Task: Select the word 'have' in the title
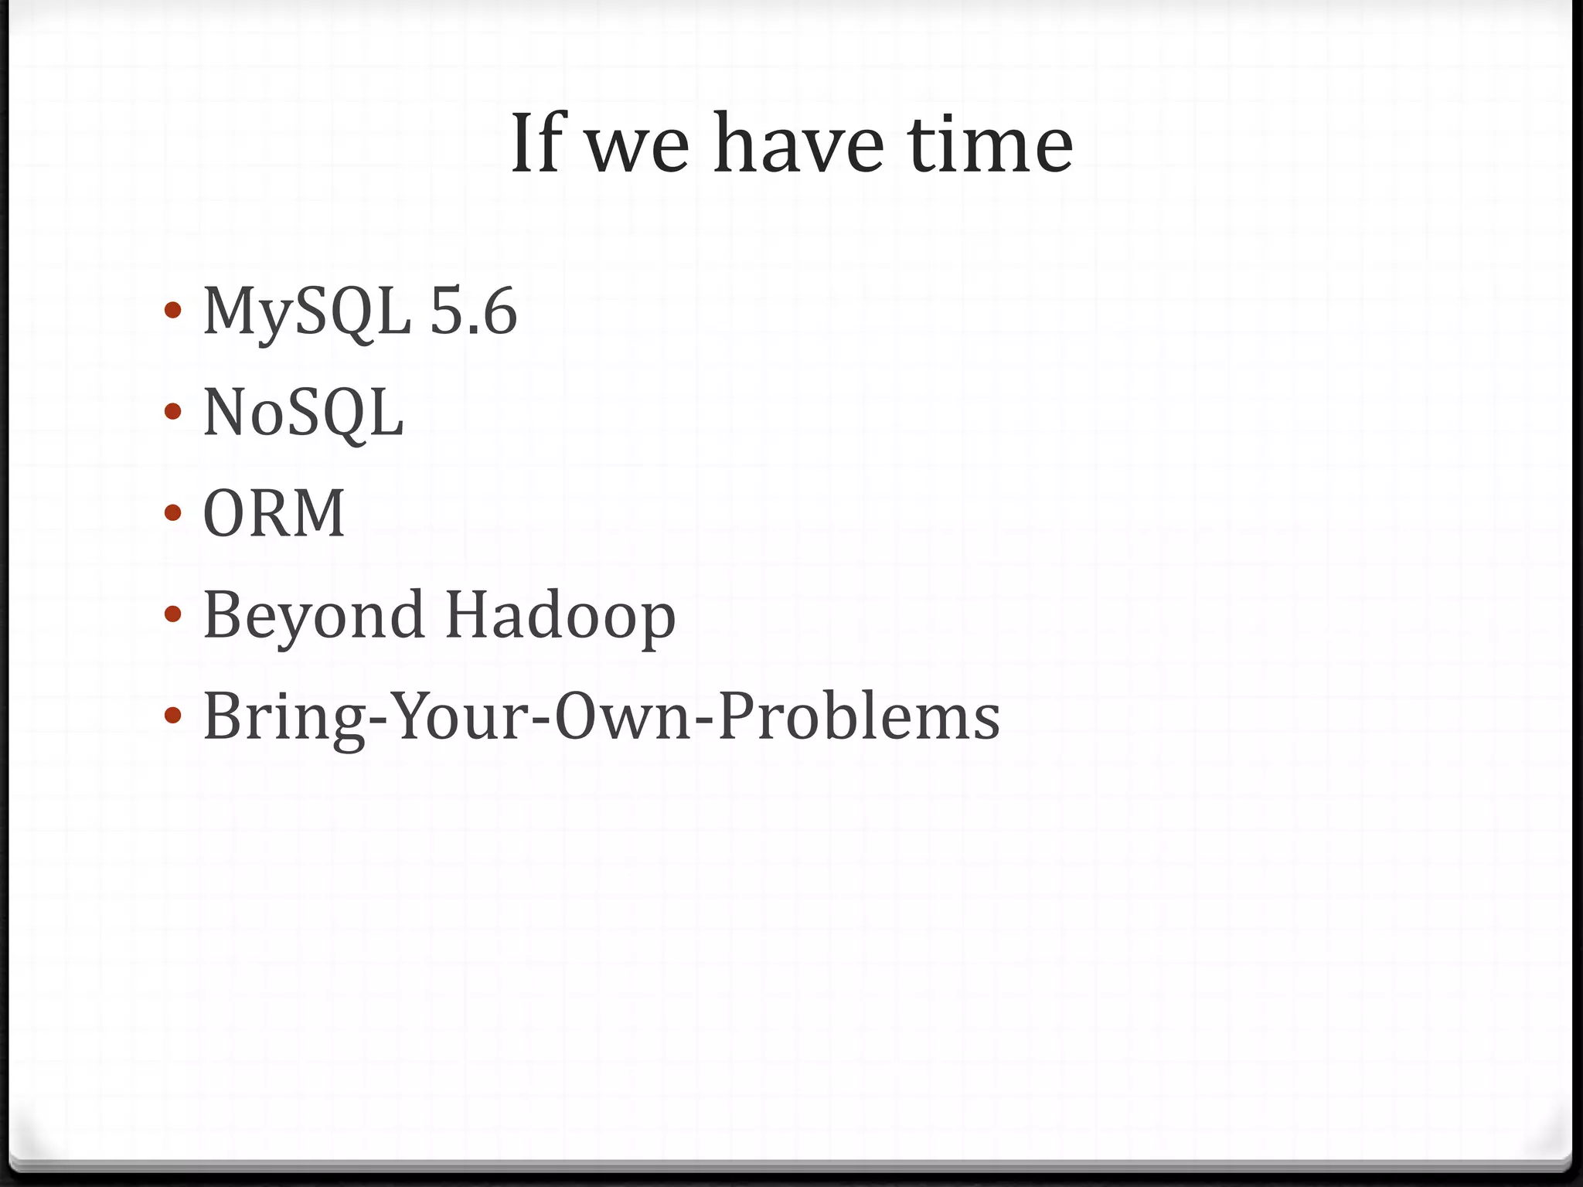pyautogui.click(x=798, y=144)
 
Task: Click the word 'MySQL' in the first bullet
pyautogui.click(x=307, y=311)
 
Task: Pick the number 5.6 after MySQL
pyautogui.click(x=473, y=311)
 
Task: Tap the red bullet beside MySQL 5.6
pyautogui.click(x=173, y=311)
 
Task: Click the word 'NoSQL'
pyautogui.click(x=303, y=413)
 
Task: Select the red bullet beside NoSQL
pyautogui.click(x=173, y=412)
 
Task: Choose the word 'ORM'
pyautogui.click(x=274, y=514)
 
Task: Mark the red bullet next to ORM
pyautogui.click(x=173, y=513)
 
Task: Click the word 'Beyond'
pyautogui.click(x=314, y=616)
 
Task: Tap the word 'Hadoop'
pyautogui.click(x=560, y=616)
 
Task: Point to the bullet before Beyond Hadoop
pyautogui.click(x=173, y=614)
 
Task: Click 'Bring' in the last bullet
pyautogui.click(x=283, y=717)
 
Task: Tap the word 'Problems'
pyautogui.click(x=859, y=717)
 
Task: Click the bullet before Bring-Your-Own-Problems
pyautogui.click(x=173, y=716)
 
